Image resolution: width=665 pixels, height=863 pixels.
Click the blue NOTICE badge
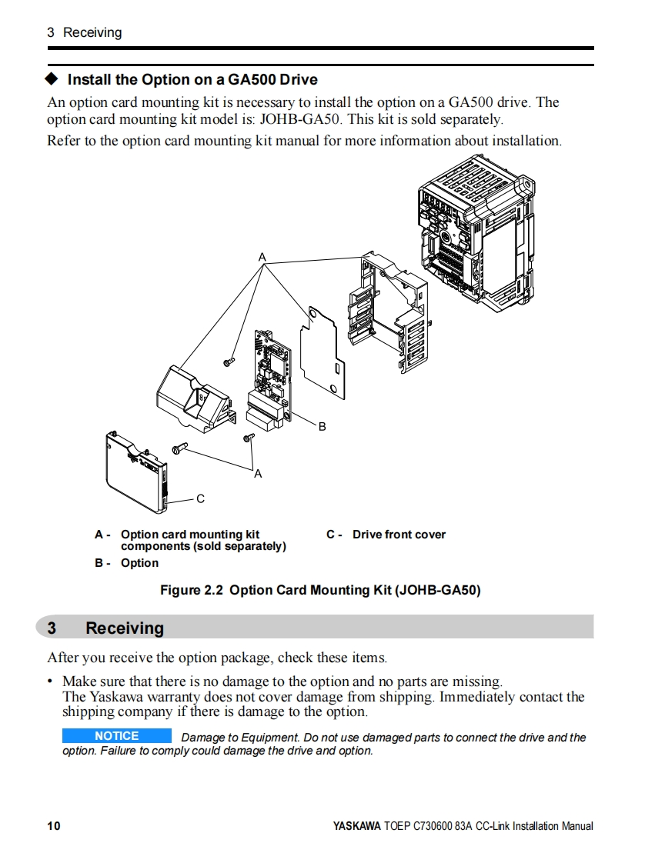(116, 736)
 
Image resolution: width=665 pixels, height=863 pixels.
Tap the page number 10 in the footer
(53, 826)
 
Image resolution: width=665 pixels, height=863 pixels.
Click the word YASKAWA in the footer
(356, 826)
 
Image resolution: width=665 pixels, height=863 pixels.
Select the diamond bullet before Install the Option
(52, 79)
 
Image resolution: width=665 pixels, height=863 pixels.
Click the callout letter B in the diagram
(322, 426)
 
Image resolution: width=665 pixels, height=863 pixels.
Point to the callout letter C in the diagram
(200, 499)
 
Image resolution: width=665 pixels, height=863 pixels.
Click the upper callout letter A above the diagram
(262, 257)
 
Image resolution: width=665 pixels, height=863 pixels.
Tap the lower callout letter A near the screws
(258, 474)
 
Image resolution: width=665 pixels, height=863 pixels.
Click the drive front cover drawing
(135, 473)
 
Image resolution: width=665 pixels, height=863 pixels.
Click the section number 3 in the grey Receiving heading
(52, 628)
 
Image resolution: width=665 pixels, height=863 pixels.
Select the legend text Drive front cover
(399, 535)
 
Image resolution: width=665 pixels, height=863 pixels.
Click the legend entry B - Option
(127, 563)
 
